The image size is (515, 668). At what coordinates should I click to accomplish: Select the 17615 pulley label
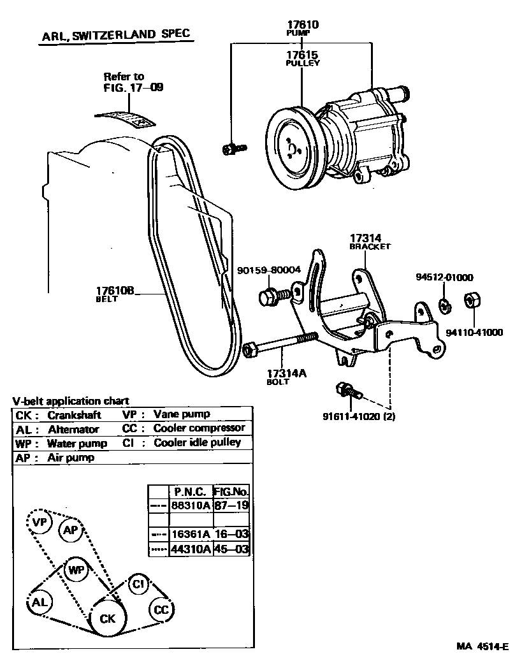(x=302, y=55)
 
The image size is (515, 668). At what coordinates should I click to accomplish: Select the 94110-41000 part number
(x=474, y=332)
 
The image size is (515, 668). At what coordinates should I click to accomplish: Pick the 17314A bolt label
(x=286, y=374)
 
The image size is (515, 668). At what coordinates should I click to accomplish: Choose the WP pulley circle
(x=76, y=569)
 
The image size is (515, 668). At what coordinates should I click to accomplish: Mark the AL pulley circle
(x=40, y=602)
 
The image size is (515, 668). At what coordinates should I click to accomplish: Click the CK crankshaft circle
(x=107, y=618)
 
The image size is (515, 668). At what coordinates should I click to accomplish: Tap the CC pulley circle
(x=161, y=610)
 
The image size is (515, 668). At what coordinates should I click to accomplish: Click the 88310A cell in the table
(x=189, y=505)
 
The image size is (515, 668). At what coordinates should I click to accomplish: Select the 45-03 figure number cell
(x=231, y=549)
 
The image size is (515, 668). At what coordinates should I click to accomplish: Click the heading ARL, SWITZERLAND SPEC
(x=115, y=35)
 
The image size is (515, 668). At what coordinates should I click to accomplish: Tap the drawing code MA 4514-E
(x=482, y=646)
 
